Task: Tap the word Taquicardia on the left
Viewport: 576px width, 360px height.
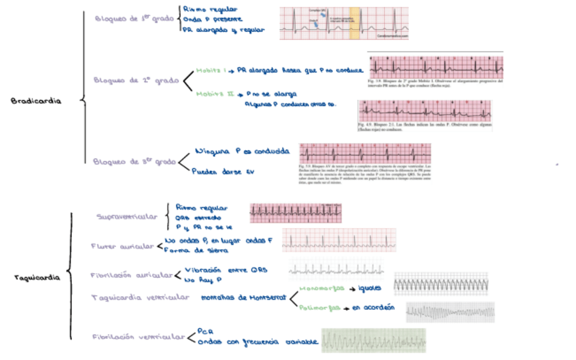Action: (37, 278)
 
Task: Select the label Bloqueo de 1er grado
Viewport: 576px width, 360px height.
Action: (134, 19)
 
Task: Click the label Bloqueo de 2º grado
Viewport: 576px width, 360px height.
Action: (135, 79)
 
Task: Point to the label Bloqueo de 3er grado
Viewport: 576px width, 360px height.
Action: (134, 162)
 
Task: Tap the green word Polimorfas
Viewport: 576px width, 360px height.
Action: (319, 308)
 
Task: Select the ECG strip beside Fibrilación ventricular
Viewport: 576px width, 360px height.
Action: (374, 340)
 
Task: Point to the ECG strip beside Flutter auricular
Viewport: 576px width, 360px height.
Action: (338, 240)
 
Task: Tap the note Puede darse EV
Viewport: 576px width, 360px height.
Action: (222, 172)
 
